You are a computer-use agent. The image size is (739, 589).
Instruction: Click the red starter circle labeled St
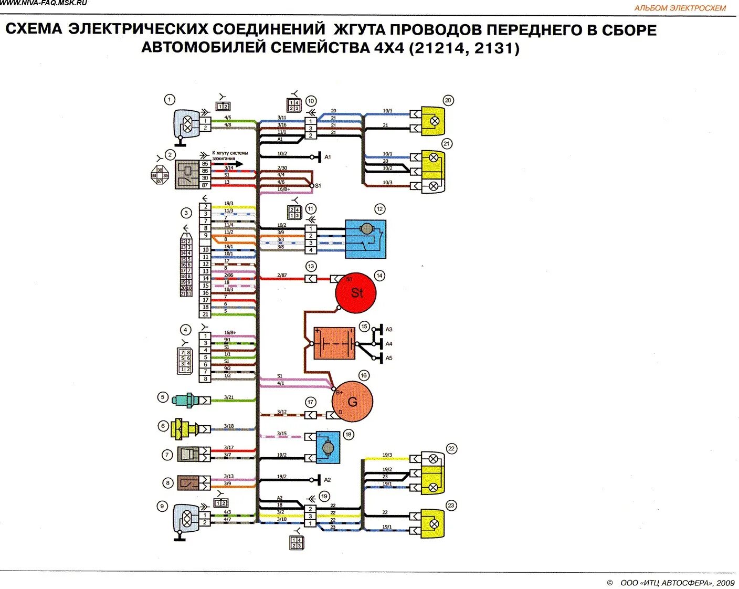pyautogui.click(x=356, y=293)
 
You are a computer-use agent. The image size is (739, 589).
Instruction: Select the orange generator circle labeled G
pyautogui.click(x=352, y=402)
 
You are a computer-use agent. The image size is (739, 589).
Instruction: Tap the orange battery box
pyautogui.click(x=334, y=344)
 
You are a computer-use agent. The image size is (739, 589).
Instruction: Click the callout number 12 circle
pyautogui.click(x=379, y=209)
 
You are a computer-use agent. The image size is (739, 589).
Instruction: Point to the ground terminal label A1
pyautogui.click(x=328, y=157)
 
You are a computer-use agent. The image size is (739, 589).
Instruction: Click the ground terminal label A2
pyautogui.click(x=328, y=480)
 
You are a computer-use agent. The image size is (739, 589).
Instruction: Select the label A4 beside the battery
pyautogui.click(x=389, y=344)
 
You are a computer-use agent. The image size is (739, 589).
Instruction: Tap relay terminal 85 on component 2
pyautogui.click(x=205, y=164)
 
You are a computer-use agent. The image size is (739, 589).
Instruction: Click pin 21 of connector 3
pyautogui.click(x=205, y=314)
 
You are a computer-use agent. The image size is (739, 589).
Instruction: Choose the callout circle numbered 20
pyautogui.click(x=448, y=100)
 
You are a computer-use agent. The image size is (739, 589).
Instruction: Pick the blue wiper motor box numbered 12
pyautogui.click(x=365, y=239)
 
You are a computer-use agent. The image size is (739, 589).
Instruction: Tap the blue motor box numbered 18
pyautogui.click(x=328, y=447)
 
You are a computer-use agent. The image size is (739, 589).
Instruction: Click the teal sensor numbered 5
pyautogui.click(x=185, y=399)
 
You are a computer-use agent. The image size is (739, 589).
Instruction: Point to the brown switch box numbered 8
pyautogui.click(x=187, y=483)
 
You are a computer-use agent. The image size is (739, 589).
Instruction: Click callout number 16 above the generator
pyautogui.click(x=363, y=375)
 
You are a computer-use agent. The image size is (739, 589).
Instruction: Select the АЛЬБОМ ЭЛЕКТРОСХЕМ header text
pyautogui.click(x=680, y=8)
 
